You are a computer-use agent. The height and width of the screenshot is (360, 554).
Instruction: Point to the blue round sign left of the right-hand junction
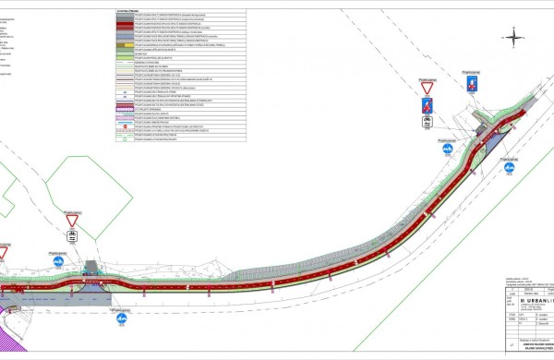pyautogui.click(x=446, y=147)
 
